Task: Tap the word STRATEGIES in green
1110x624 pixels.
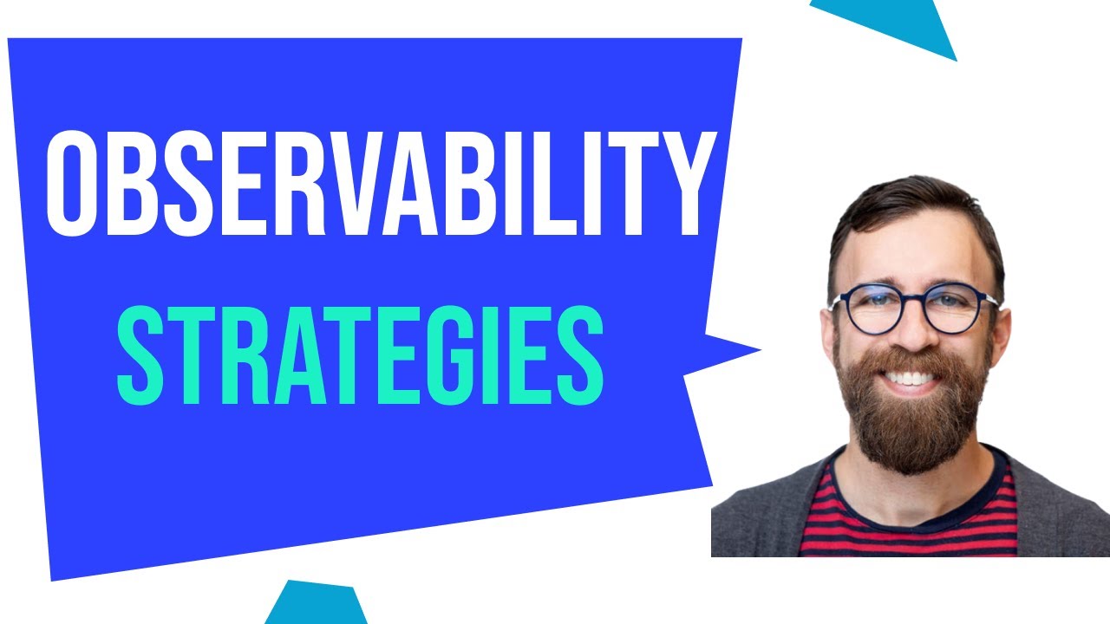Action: pos(360,357)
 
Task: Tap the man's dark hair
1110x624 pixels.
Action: pos(911,208)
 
